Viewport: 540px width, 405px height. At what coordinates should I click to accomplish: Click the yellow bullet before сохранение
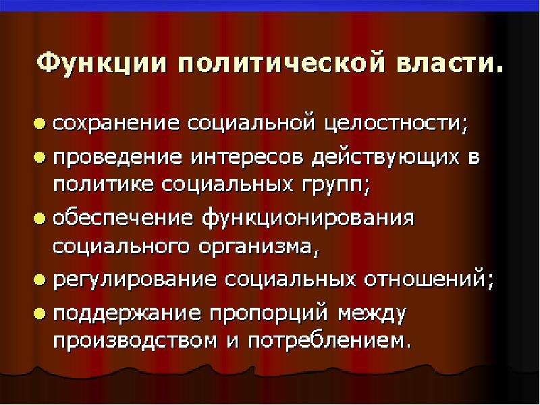tap(40, 124)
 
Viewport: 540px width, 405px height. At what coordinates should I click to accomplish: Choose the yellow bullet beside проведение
tap(40, 158)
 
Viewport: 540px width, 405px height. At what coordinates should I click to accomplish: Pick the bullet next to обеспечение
tap(40, 218)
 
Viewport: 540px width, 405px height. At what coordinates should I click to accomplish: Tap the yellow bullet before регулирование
tap(40, 279)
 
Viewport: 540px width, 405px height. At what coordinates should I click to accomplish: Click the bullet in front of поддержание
tap(40, 313)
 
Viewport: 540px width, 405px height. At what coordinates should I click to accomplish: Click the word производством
tap(135, 342)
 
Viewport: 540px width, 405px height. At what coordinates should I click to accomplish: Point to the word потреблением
tap(326, 342)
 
